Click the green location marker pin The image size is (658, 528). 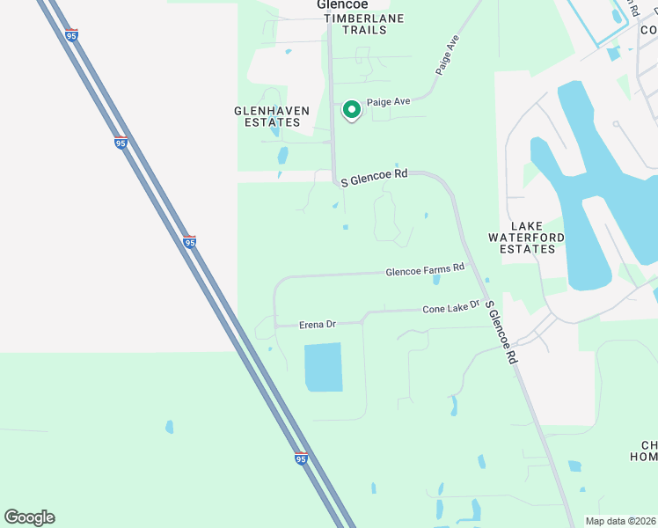coord(351,109)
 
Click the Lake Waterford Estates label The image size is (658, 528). coord(522,238)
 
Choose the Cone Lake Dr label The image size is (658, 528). coord(450,308)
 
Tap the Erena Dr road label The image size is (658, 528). coord(318,325)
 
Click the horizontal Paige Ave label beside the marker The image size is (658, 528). coord(389,102)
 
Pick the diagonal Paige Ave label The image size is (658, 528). coord(448,55)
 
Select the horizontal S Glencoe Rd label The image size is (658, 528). coord(374,177)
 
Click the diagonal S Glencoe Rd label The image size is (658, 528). coord(501,334)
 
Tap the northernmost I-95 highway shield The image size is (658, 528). coord(71,35)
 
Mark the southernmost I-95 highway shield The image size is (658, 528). coord(301,458)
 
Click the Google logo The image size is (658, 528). coord(29,517)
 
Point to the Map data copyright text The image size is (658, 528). coord(620,520)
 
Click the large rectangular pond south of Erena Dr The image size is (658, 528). coord(323,367)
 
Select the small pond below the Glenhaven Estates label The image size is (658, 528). coord(282,157)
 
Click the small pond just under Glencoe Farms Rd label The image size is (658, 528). coord(436,280)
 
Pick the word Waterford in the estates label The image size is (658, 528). coord(522,238)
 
